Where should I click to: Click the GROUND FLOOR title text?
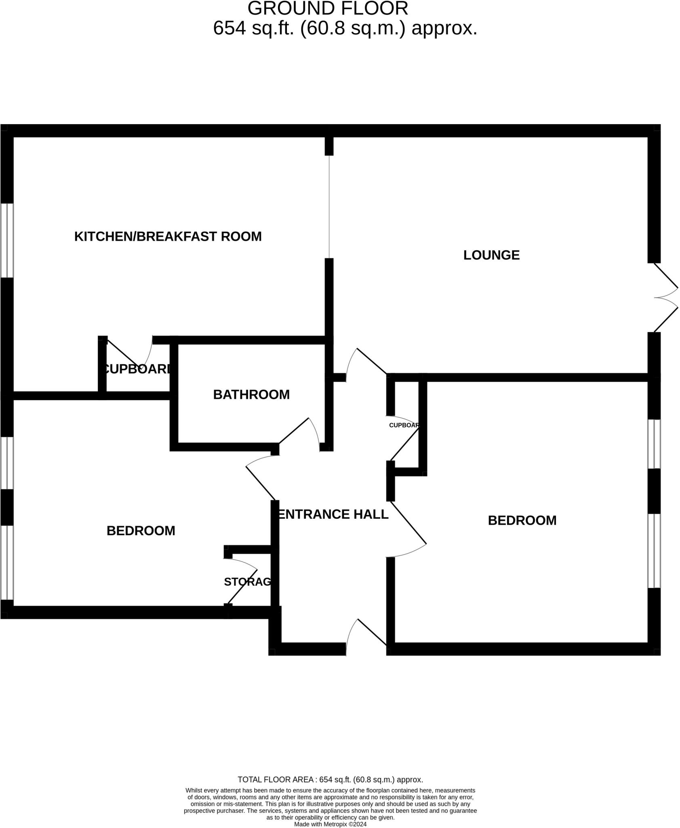click(x=328, y=8)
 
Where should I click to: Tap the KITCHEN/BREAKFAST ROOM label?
click(x=168, y=237)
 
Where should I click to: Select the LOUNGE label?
click(x=491, y=255)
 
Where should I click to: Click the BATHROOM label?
click(x=251, y=395)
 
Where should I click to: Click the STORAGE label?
click(x=247, y=582)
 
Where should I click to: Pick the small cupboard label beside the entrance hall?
click(x=404, y=425)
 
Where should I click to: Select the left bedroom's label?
click(x=141, y=531)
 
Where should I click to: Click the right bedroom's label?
click(x=522, y=520)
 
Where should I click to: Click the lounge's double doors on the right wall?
click(x=666, y=298)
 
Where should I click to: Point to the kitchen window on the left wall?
click(x=7, y=240)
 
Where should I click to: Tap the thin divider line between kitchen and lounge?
click(x=329, y=207)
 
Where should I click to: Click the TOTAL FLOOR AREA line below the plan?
click(x=330, y=779)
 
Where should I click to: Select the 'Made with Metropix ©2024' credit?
click(x=330, y=824)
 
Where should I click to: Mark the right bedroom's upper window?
click(x=654, y=444)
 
